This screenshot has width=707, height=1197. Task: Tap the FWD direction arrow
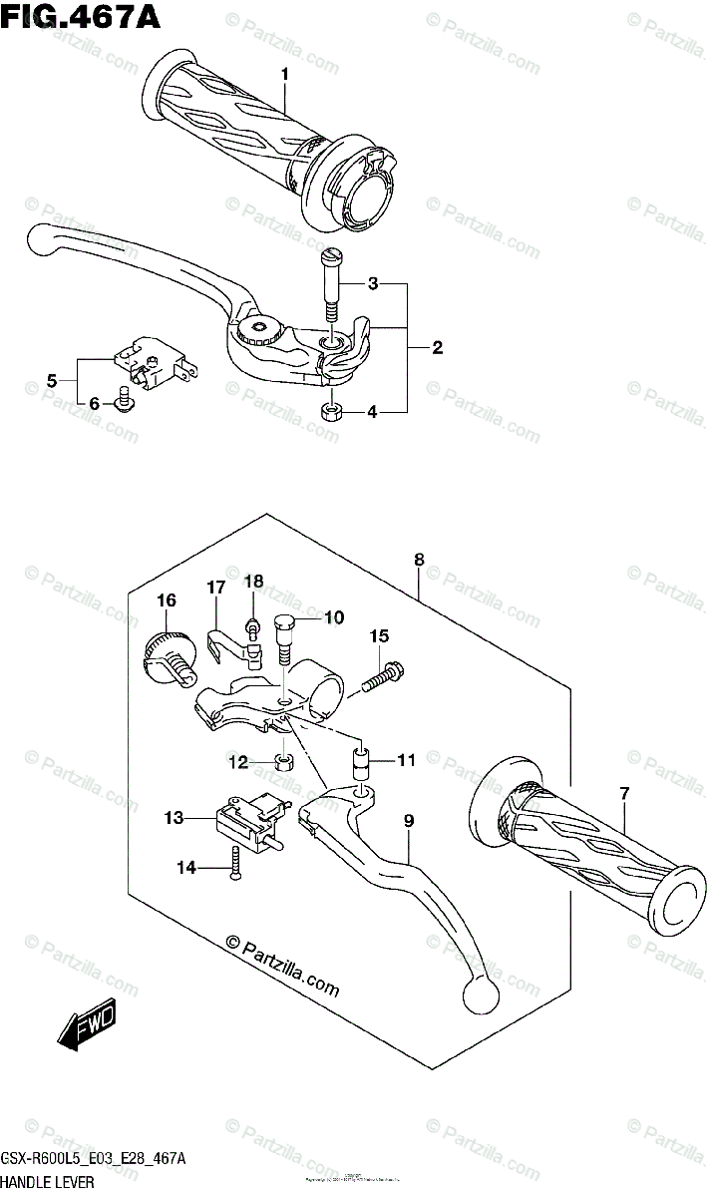88,1024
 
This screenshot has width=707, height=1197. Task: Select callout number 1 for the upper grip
284,74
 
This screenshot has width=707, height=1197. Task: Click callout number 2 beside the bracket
437,348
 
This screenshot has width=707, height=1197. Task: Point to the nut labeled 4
330,411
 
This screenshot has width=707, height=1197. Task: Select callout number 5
52,379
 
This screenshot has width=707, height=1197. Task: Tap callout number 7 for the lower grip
625,794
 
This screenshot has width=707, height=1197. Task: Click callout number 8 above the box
419,561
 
